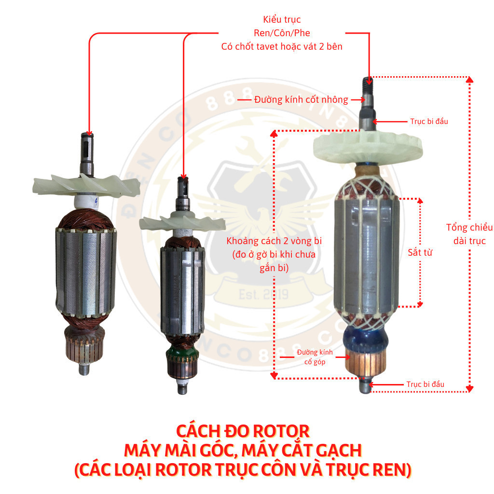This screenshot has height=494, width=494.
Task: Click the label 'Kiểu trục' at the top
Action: point(282,20)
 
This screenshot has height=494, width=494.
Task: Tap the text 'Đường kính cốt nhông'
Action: point(301,100)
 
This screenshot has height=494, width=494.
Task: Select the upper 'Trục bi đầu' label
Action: point(429,122)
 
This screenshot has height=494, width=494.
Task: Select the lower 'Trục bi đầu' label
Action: point(425,384)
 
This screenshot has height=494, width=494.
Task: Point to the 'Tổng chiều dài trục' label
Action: point(469,234)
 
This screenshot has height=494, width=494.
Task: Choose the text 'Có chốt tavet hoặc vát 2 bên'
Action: point(282,47)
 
